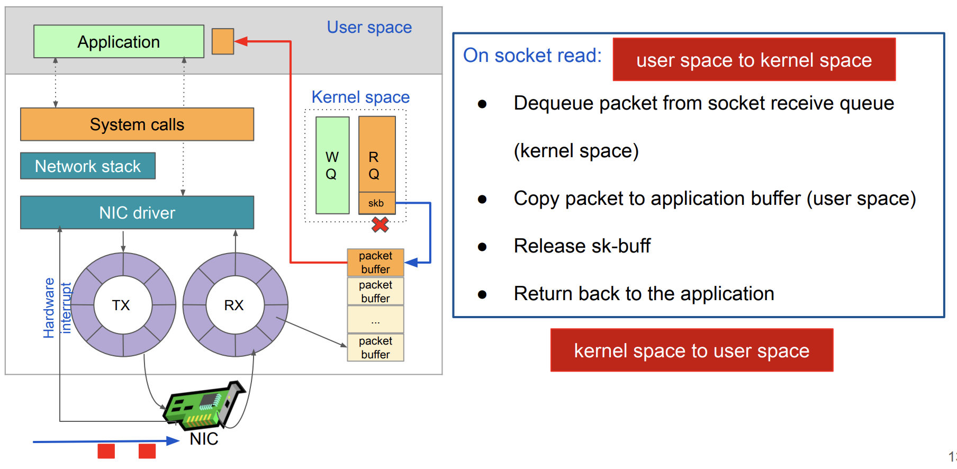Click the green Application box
pos(119,41)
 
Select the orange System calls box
pos(137,124)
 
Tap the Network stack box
pos(88,166)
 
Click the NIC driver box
pos(137,213)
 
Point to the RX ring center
pos(234,305)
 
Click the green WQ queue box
pos(332,165)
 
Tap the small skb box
pos(376,203)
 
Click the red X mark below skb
pos(380,225)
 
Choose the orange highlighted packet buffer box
pos(375,263)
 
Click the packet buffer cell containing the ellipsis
pos(375,320)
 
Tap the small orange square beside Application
pos(222,41)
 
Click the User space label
pos(369,28)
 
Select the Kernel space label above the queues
pos(360,97)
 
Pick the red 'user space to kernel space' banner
pos(754,60)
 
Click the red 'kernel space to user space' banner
pos(691,350)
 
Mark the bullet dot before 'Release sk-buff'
pos(482,247)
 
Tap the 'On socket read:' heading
pos(532,56)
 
